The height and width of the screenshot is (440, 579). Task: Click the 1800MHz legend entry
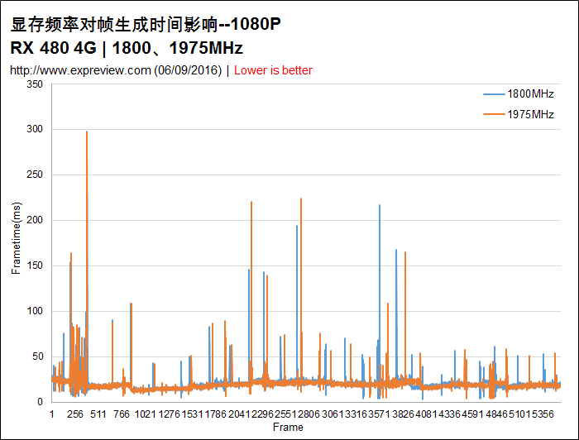point(530,95)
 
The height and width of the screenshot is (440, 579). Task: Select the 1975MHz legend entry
point(530,114)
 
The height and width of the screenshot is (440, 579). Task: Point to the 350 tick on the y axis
point(34,85)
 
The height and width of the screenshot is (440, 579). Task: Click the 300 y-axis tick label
point(34,130)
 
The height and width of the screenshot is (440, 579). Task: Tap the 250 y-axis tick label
point(34,175)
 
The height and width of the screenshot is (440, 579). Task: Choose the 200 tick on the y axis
point(34,221)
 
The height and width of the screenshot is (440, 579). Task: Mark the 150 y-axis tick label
point(34,266)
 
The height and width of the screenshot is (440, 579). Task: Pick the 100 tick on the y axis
point(34,311)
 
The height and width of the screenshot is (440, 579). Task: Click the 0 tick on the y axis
point(41,402)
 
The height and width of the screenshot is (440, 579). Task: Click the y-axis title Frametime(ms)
point(17,243)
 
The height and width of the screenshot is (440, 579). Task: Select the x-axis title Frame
point(288,428)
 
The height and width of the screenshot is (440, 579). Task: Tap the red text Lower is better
point(273,70)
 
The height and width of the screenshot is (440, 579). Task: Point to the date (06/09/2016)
point(188,70)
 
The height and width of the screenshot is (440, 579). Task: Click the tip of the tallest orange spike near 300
point(87,132)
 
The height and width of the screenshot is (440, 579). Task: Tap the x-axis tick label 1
point(52,414)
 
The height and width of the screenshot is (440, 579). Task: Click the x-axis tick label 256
point(74,414)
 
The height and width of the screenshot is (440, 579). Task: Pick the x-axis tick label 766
point(121,414)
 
